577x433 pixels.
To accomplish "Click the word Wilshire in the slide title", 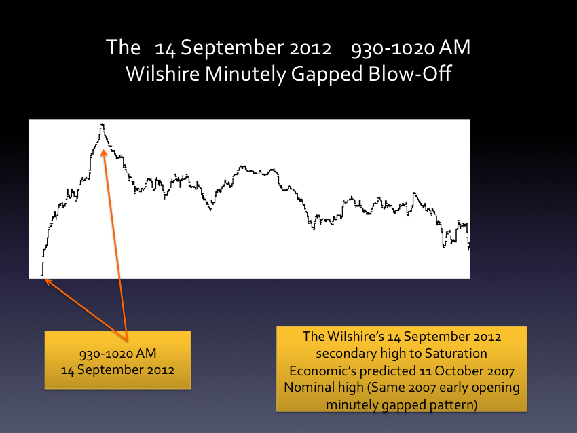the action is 163,73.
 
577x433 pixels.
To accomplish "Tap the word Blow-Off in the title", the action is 409,73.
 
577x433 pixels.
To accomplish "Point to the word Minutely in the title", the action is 246,74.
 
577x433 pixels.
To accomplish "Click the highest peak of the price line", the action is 103,125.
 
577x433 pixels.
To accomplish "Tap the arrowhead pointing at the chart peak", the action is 104,152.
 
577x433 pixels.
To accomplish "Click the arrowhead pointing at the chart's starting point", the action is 48,282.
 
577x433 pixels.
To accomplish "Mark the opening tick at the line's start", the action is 43,269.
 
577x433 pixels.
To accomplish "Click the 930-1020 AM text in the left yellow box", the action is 117,353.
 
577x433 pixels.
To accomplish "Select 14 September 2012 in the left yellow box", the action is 117,370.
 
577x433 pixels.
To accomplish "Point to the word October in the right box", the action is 458,371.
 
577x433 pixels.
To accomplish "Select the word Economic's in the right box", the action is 322,371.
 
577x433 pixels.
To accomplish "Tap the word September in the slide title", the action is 233,49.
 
